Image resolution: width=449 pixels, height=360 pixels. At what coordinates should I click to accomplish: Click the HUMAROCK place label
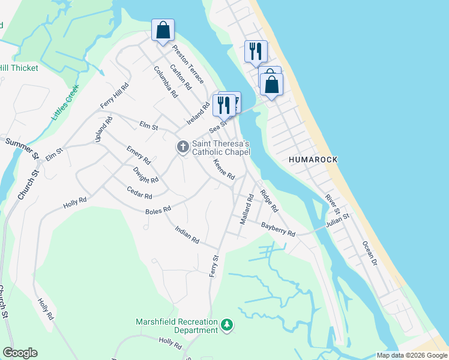[x=313, y=160]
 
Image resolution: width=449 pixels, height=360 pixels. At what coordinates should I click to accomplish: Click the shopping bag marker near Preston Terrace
[x=163, y=30]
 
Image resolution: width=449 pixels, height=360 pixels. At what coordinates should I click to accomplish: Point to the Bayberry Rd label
[x=278, y=229]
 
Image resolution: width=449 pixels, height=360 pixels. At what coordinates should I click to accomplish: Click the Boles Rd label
[x=158, y=210]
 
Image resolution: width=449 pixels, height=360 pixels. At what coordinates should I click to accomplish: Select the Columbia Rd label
[x=165, y=82]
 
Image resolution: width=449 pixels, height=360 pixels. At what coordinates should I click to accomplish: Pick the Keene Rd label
[x=224, y=170]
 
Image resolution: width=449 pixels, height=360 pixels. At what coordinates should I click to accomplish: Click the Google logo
[x=20, y=353]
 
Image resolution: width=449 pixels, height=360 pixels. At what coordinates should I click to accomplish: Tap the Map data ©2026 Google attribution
[x=412, y=355]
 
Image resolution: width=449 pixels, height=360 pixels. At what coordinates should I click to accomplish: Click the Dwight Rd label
[x=146, y=175]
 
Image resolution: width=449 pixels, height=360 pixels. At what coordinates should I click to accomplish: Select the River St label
[x=333, y=206]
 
